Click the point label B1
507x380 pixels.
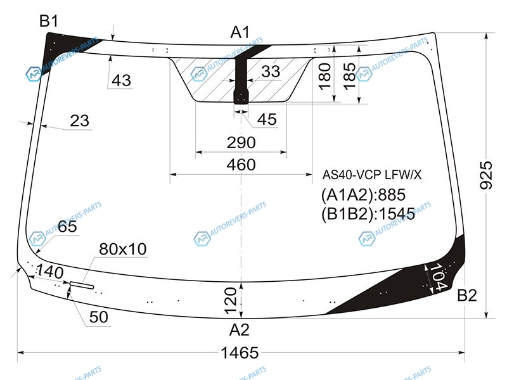tap(49, 20)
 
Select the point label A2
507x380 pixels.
tap(239, 329)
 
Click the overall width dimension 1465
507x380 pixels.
tap(240, 352)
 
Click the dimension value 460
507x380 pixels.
tap(241, 165)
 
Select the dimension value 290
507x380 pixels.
tap(241, 142)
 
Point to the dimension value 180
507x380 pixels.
tap(324, 76)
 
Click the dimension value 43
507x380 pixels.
tap(121, 80)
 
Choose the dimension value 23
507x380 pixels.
tap(80, 120)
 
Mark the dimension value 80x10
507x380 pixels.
tap(122, 249)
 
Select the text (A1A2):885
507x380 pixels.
tap(363, 194)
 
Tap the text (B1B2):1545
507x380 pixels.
tap(368, 213)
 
